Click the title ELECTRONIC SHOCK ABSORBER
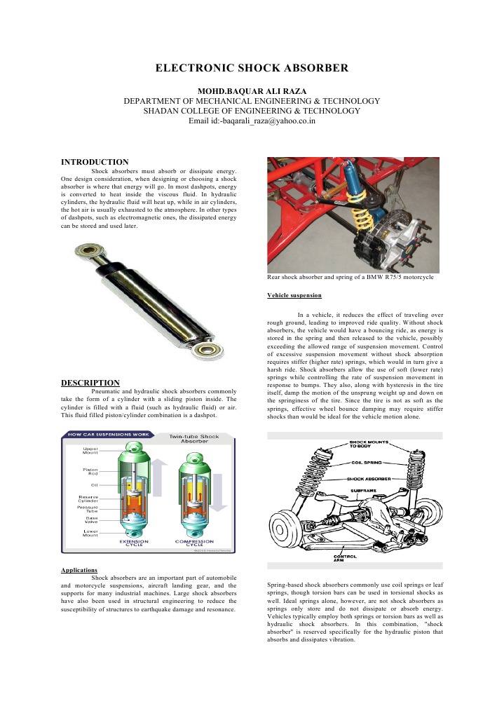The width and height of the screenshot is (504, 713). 252,68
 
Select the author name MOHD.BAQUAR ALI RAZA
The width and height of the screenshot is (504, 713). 252,91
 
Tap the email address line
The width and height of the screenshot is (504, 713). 252,121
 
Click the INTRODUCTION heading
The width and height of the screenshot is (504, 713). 95,162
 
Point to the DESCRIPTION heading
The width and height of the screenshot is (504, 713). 90,383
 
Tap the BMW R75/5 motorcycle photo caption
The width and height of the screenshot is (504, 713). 350,278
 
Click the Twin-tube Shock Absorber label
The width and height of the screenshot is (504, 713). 194,439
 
